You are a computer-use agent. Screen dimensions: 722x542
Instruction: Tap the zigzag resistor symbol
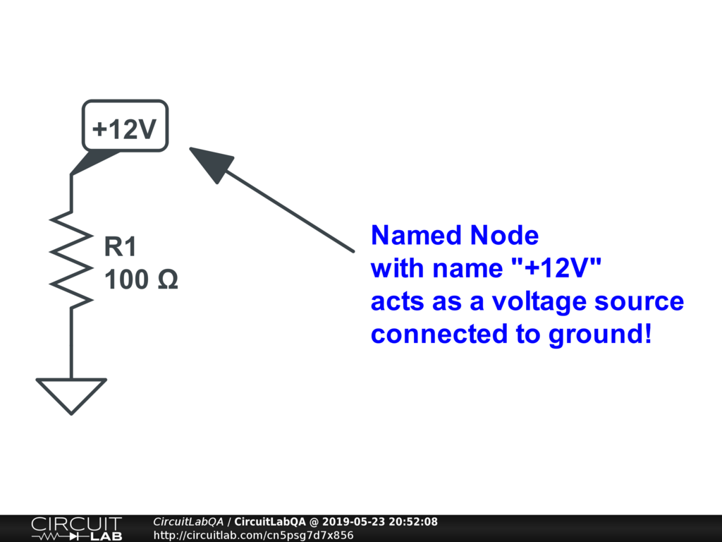[71, 258]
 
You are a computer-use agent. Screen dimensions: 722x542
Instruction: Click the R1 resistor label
[120, 248]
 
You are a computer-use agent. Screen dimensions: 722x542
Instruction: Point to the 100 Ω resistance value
[140, 280]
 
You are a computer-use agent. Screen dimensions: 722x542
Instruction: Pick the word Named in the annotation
[407, 235]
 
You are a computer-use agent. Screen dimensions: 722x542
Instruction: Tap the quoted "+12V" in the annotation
[558, 269]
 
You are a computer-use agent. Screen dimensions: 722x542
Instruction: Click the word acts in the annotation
[396, 301]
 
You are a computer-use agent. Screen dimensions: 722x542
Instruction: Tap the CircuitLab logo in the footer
[76, 528]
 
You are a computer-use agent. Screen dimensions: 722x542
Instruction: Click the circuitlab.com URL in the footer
[253, 535]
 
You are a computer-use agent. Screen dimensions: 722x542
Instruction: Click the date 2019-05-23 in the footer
[350, 522]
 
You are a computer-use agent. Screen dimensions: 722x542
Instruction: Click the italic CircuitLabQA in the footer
[188, 522]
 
